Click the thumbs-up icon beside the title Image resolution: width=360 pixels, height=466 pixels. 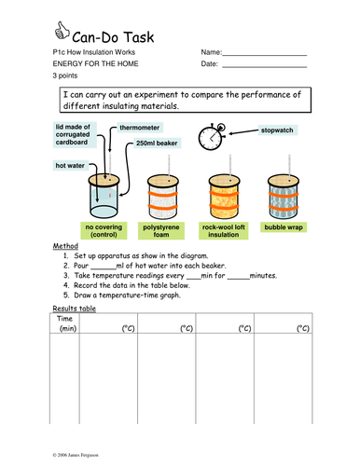coord(62,31)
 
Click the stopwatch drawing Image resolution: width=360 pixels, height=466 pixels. coord(212,137)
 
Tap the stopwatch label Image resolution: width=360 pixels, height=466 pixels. coord(277,130)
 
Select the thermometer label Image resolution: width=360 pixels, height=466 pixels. coord(140,128)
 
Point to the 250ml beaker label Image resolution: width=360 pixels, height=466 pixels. coord(157,144)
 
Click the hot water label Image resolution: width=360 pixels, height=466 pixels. coord(70,166)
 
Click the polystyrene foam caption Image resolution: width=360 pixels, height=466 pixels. coord(161,231)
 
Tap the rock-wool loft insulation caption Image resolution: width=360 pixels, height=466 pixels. coord(224,231)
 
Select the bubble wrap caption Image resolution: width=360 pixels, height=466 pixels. coord(284,227)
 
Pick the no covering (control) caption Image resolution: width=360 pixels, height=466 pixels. coord(104,231)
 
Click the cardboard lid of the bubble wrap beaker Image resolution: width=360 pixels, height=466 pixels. coord(284,181)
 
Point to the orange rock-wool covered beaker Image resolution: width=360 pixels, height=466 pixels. coord(224,197)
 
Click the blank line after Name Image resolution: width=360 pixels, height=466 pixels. coord(265,55)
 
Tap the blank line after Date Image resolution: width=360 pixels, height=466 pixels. coord(265,67)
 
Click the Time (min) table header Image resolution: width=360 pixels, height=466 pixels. coord(65,323)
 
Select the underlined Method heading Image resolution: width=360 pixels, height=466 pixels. coord(65,246)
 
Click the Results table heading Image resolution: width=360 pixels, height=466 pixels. coord(75,308)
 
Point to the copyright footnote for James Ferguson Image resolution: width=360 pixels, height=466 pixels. coord(76,455)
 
